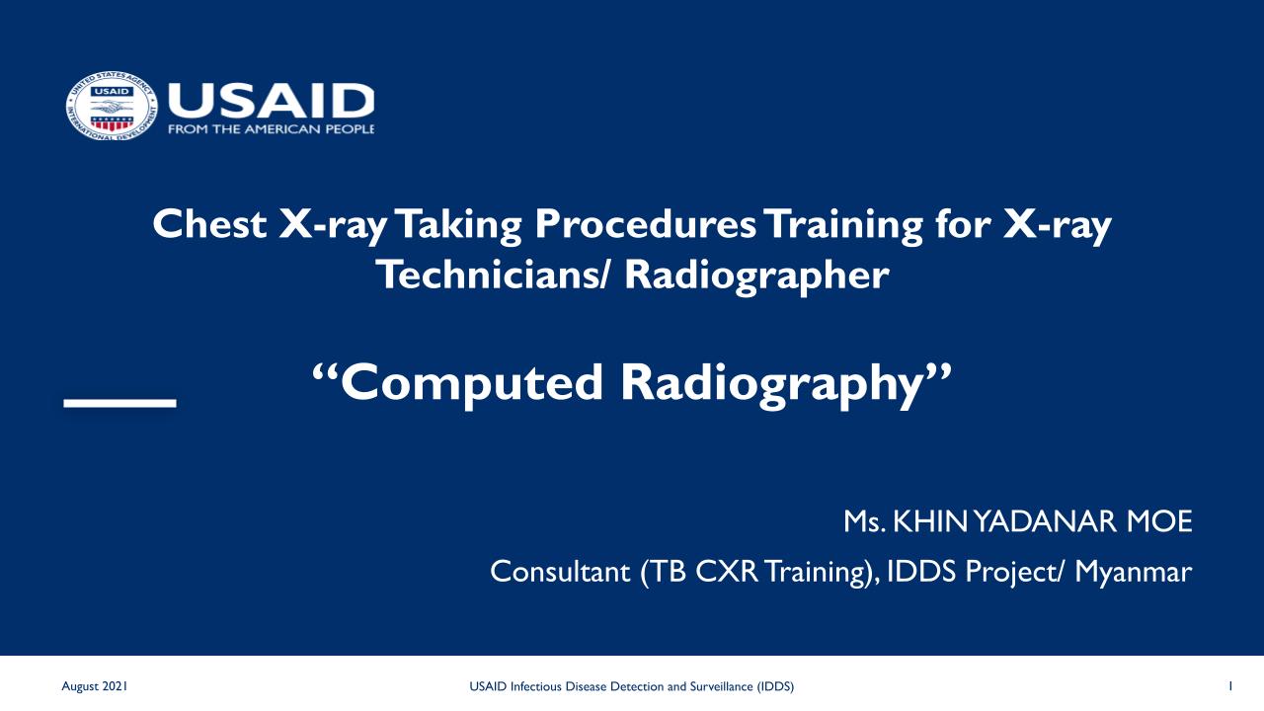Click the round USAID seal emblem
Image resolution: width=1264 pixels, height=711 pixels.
click(x=112, y=106)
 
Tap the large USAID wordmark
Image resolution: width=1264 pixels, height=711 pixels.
click(x=271, y=101)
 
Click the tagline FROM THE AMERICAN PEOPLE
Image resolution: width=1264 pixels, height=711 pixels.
click(x=271, y=129)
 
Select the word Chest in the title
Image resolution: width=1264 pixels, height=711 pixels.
click(x=209, y=224)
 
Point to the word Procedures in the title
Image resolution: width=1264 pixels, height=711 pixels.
click(x=645, y=224)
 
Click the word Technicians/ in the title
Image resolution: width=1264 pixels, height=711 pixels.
click(x=493, y=275)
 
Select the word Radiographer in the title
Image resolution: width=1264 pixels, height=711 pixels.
click(x=756, y=276)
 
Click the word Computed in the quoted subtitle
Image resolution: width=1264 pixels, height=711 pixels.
click(x=472, y=384)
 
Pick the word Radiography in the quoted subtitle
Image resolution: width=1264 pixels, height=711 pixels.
click(x=771, y=384)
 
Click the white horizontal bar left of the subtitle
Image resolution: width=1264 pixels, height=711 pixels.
click(x=120, y=403)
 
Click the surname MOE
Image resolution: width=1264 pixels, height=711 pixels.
click(x=1159, y=521)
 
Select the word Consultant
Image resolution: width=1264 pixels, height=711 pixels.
click(x=560, y=571)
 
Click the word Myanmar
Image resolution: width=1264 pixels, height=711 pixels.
click(x=1133, y=573)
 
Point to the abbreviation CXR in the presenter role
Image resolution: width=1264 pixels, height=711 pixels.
click(x=727, y=571)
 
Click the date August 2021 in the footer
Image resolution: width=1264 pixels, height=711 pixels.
click(x=94, y=686)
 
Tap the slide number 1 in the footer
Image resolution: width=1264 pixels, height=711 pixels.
click(x=1230, y=686)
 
